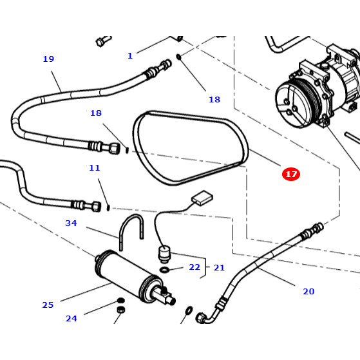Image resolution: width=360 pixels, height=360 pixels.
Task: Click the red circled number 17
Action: point(290,174)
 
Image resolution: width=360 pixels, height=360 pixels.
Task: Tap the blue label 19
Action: point(48,59)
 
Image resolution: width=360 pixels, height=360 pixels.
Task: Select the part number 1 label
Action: point(129,56)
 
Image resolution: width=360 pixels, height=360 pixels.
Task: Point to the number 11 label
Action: point(95,168)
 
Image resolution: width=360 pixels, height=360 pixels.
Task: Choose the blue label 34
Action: point(71,223)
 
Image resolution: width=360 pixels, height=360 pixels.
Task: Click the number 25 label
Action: point(48,305)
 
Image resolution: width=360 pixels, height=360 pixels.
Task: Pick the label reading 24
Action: point(71,318)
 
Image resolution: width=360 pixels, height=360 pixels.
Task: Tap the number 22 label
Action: point(194,267)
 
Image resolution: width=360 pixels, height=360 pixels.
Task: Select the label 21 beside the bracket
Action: point(219,267)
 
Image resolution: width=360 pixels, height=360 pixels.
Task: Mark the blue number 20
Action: point(308,292)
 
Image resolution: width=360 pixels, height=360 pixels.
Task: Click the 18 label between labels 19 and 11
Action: point(95,113)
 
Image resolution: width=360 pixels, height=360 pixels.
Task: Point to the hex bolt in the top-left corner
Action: point(100,43)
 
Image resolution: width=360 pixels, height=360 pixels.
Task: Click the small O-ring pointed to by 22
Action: point(164,269)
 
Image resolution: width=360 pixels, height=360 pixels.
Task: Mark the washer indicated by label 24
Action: point(120,301)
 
